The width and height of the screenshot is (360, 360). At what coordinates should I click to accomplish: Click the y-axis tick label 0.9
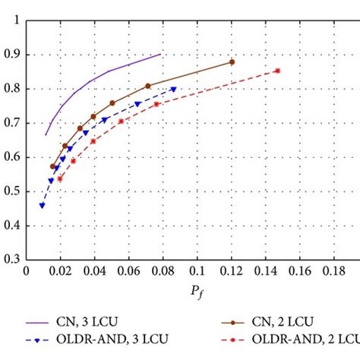11,55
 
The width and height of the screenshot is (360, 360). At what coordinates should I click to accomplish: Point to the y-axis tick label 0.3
11,259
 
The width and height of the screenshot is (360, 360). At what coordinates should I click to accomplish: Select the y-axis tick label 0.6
11,157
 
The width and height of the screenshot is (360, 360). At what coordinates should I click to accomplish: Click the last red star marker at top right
277,71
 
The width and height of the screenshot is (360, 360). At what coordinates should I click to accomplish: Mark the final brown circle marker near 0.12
232,62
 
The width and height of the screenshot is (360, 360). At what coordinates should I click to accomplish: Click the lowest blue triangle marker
42,205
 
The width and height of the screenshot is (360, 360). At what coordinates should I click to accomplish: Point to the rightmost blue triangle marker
174,89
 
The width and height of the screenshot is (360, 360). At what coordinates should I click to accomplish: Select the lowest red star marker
60,178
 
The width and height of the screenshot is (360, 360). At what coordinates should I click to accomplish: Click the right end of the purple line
161,54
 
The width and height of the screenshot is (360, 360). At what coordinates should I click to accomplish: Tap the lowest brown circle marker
52,166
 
